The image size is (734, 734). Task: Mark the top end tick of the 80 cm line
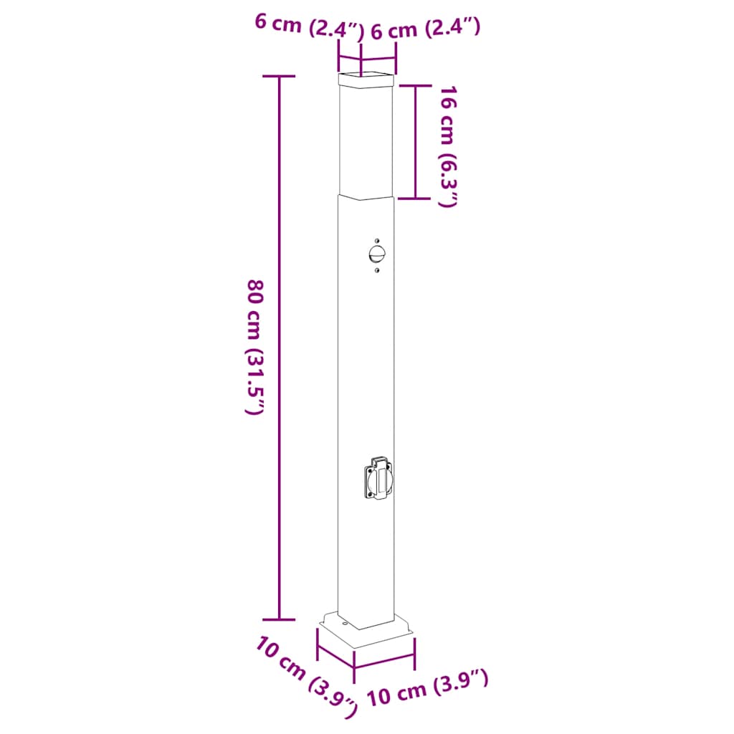(x=279, y=76)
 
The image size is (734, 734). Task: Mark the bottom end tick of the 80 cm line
(x=279, y=619)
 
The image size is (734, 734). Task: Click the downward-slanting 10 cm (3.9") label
(x=305, y=675)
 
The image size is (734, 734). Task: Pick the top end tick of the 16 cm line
(x=416, y=85)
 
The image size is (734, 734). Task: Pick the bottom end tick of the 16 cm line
(x=416, y=198)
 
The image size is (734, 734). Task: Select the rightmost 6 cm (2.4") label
(x=424, y=29)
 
